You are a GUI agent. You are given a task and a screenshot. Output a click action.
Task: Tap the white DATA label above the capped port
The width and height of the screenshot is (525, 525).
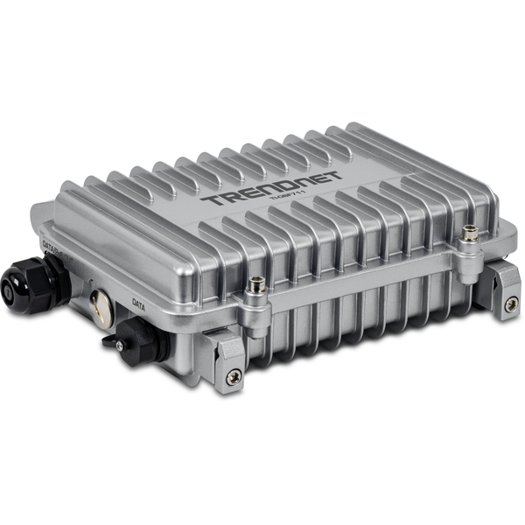[x=138, y=304]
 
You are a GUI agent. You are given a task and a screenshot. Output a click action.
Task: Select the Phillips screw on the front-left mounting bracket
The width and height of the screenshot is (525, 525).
[x=233, y=378]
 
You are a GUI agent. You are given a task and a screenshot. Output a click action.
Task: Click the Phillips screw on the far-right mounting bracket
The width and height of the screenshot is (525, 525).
[x=511, y=304]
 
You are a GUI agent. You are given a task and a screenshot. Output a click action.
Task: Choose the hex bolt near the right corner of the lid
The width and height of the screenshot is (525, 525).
[x=471, y=234]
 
